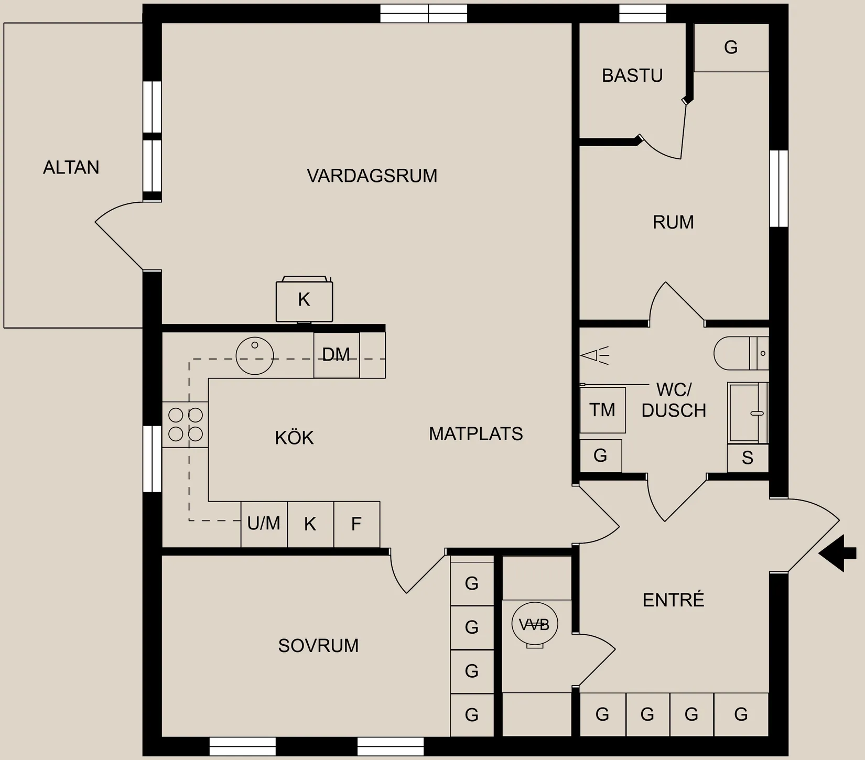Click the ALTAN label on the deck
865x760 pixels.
click(71, 168)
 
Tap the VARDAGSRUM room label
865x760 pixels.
click(372, 176)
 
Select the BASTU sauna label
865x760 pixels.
click(632, 76)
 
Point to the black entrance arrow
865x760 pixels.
click(837, 553)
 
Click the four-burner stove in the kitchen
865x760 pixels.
click(185, 425)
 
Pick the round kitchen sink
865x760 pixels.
click(255, 355)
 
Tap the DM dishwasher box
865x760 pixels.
click(337, 355)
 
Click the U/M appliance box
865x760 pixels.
click(264, 524)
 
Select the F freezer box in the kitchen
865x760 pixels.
click(356, 524)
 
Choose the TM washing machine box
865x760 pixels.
click(602, 410)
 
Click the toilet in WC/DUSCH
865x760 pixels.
click(741, 353)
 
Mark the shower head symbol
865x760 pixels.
click(594, 355)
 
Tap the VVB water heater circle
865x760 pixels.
click(535, 624)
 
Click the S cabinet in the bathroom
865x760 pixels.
click(748, 458)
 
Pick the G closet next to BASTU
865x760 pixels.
click(731, 48)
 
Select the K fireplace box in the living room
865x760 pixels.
click(305, 300)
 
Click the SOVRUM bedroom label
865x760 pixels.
click(319, 646)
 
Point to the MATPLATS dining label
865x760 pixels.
click(476, 434)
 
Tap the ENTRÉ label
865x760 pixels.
click(674, 600)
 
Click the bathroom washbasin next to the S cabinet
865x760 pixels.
click(748, 413)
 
